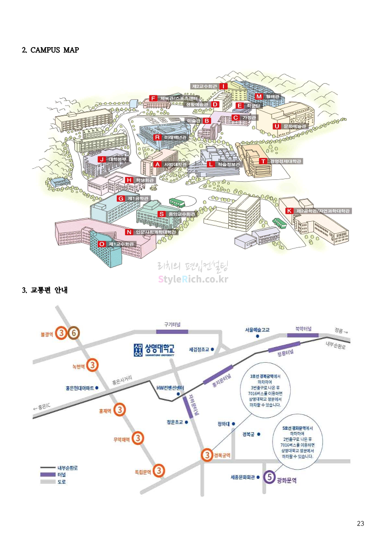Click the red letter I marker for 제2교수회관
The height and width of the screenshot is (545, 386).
pyautogui.click(x=224, y=86)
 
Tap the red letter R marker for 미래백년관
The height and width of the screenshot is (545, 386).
pyautogui.click(x=157, y=137)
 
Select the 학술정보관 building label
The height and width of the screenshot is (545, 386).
pyautogui.click(x=229, y=164)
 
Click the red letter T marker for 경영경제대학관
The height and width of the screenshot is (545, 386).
pyautogui.click(x=263, y=161)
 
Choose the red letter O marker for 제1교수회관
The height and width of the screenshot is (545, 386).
pyautogui.click(x=102, y=244)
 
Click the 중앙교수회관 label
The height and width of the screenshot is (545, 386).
pyautogui.click(x=182, y=214)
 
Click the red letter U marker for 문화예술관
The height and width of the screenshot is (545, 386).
pyautogui.click(x=277, y=126)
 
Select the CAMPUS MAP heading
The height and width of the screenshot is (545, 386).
pyautogui.click(x=50, y=50)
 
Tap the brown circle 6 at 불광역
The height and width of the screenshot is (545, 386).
pyautogui.click(x=73, y=334)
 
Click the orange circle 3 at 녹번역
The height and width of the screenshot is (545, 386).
pyautogui.click(x=94, y=365)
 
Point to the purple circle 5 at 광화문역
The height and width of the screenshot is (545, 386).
pyautogui.click(x=269, y=477)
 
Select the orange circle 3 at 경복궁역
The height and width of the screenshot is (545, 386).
pyautogui.click(x=208, y=455)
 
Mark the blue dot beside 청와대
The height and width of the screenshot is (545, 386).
pyautogui.click(x=234, y=423)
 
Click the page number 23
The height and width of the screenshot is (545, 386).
pyautogui.click(x=360, y=524)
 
